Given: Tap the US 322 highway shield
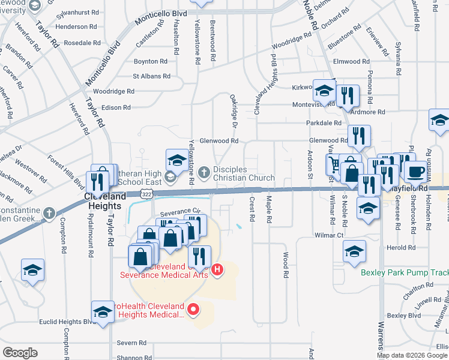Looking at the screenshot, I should (146, 193).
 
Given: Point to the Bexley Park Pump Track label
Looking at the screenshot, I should (405, 272).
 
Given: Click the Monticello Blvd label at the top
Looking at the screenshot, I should (162, 19).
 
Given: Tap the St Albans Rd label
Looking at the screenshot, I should (152, 76).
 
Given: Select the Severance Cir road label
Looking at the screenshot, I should (179, 211).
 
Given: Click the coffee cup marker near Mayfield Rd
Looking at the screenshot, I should (415, 171).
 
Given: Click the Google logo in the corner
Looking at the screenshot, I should (20, 353).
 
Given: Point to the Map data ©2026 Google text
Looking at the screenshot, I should (412, 355).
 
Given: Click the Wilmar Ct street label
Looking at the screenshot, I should (328, 235).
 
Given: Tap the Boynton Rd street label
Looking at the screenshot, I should (150, 61).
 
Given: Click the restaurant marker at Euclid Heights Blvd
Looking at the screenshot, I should (103, 312).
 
